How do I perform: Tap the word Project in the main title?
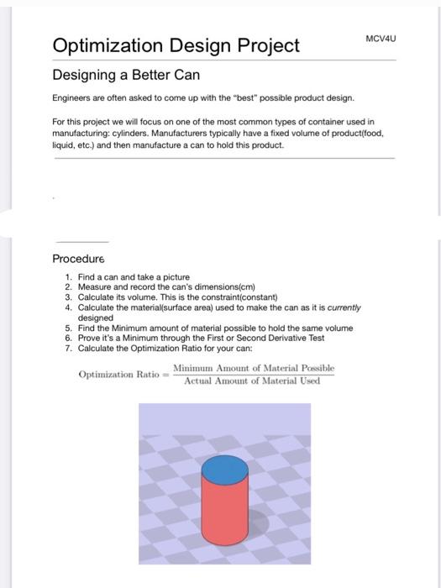[x=264, y=45]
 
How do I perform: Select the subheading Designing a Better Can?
[x=126, y=75]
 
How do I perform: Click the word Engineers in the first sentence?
[x=74, y=99]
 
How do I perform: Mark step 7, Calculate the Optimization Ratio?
[x=162, y=349]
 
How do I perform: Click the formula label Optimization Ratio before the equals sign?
[x=120, y=375]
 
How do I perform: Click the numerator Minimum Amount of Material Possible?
[x=254, y=368]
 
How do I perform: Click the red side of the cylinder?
[x=224, y=512]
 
